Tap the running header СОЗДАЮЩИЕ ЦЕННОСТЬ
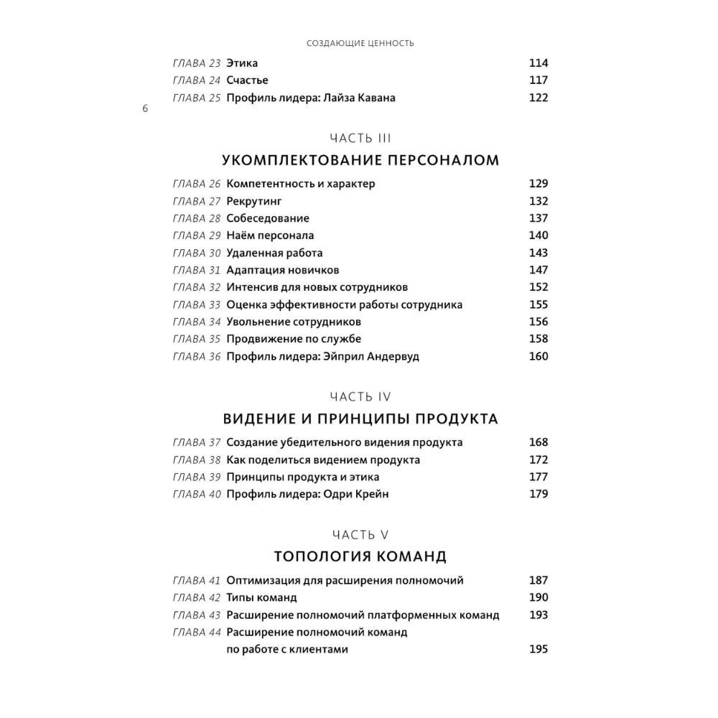click(x=360, y=43)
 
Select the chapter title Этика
click(x=242, y=63)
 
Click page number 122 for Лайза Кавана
click(x=538, y=98)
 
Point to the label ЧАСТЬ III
click(x=360, y=138)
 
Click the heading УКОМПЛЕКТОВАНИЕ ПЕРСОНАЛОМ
click(x=360, y=160)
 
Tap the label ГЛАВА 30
click(x=197, y=253)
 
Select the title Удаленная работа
click(x=274, y=253)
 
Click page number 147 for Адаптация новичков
click(x=538, y=270)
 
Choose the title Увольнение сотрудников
click(x=294, y=322)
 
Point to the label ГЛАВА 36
click(x=197, y=356)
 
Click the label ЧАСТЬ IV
click(x=360, y=396)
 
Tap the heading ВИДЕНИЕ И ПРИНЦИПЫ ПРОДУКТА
click(x=360, y=419)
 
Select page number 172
click(x=538, y=460)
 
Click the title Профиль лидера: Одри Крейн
click(x=307, y=494)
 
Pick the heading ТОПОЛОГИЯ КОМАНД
click(x=360, y=556)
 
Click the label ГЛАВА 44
click(x=197, y=632)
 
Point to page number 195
click(x=538, y=649)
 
